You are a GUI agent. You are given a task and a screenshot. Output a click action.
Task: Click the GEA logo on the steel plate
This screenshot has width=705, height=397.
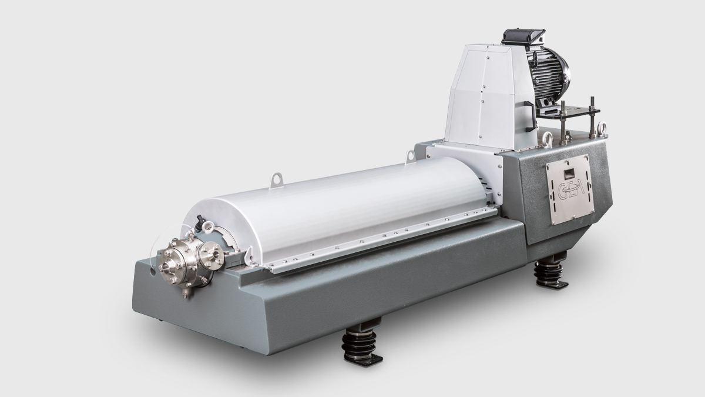pyautogui.click(x=569, y=192)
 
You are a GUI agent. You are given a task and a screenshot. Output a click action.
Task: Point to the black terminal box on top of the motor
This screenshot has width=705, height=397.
pyautogui.click(x=523, y=37)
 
